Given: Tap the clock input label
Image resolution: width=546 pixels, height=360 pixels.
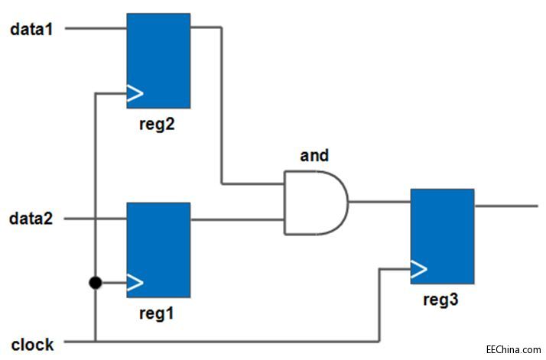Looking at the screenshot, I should pyautogui.click(x=32, y=344).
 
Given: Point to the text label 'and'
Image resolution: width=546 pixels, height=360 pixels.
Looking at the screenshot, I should pyautogui.click(x=314, y=156).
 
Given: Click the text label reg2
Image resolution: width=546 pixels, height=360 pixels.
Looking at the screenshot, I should pyautogui.click(x=158, y=124).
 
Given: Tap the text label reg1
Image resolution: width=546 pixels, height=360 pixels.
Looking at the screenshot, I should pyautogui.click(x=158, y=314).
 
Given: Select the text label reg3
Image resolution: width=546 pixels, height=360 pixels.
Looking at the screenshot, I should pyautogui.click(x=441, y=300).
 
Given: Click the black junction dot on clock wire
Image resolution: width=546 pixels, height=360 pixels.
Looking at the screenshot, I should pyautogui.click(x=95, y=284).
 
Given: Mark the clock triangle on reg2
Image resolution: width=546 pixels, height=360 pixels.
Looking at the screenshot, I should pyautogui.click(x=135, y=93).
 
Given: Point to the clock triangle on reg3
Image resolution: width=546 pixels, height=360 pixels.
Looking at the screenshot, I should pyautogui.click(x=418, y=269).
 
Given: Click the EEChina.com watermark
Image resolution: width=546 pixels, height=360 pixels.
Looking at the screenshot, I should pyautogui.click(x=513, y=349).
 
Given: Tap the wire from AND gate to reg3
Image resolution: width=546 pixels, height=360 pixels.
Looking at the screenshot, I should pyautogui.click(x=379, y=203).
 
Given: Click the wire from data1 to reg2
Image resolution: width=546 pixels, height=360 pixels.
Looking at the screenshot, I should pyautogui.click(x=96, y=29).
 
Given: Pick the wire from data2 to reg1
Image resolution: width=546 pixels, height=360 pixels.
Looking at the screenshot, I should pyautogui.click(x=96, y=219).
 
